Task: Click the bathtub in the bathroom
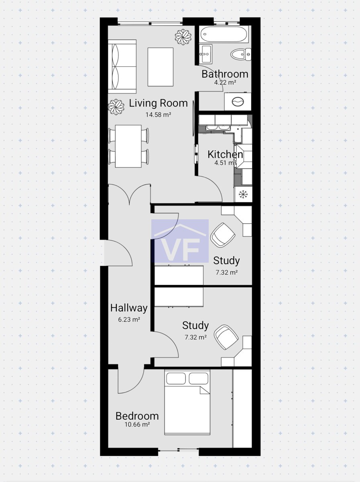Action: [224, 34]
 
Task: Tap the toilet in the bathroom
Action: [241, 54]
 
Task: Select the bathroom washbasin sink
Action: [205, 54]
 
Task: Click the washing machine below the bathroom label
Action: [238, 102]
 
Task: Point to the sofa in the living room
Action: [122, 67]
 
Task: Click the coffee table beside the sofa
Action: [161, 67]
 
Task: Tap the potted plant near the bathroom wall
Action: [183, 36]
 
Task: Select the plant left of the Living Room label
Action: [116, 106]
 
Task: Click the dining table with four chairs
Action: [128, 146]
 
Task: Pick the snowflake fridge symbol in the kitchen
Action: [242, 194]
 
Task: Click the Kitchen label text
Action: [225, 154]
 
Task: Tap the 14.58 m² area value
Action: [158, 114]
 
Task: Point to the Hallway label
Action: [129, 308]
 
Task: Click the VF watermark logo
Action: [180, 241]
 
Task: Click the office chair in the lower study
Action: [226, 337]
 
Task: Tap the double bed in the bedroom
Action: [187, 402]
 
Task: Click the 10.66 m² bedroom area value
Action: [137, 425]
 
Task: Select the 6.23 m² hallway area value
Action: [129, 319]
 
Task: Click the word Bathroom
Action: [225, 74]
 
